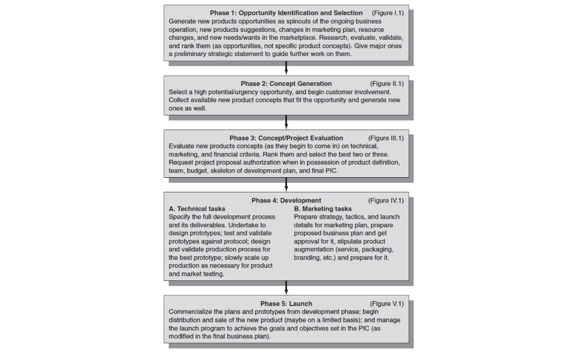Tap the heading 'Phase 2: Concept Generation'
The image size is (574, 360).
286,84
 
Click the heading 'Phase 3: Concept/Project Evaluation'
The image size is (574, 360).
286,138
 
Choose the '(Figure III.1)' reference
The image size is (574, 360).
386,138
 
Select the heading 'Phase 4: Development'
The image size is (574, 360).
286,200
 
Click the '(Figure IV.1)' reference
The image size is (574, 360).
386,200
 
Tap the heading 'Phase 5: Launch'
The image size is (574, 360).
286,303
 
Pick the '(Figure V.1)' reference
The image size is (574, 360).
386,303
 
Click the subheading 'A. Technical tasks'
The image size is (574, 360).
197,209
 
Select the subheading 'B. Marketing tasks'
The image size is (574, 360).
323,209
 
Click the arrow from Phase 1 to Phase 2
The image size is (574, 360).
286,68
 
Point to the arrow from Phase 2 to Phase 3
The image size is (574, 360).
286,122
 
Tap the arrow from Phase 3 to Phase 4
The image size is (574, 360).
286,184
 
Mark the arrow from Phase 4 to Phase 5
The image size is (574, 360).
286,287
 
